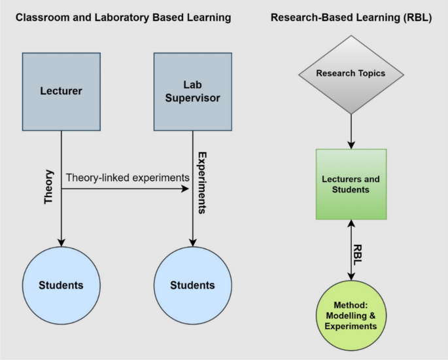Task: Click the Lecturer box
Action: coord(61,91)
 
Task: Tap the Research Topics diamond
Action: coord(351,73)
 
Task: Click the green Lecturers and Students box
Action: coord(351,185)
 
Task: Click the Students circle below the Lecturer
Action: coord(61,285)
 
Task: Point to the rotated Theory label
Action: coord(48,189)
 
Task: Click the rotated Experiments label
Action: coord(203,184)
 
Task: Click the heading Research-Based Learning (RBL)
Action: coord(351,18)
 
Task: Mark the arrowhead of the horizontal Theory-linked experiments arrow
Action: coord(185,190)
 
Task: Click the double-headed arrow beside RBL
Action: coord(351,252)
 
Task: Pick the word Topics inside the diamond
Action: coord(371,73)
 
